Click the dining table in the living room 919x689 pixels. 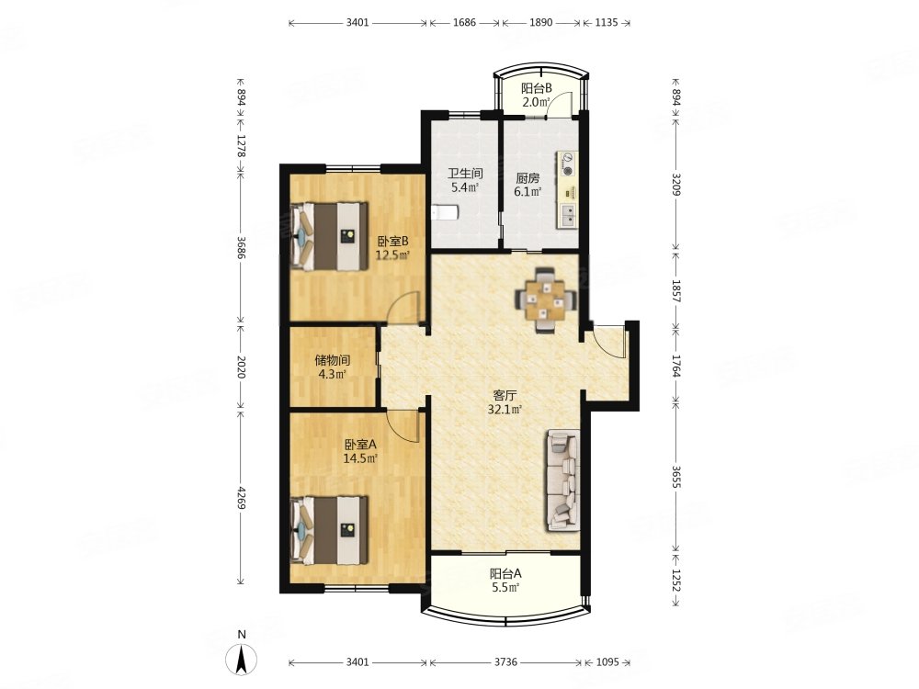point(546,300)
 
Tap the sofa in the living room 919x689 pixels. point(564,481)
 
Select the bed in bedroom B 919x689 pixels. point(329,237)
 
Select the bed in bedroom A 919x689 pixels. point(329,531)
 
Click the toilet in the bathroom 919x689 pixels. point(444,212)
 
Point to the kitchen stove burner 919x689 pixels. point(567,164)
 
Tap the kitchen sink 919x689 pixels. point(568,216)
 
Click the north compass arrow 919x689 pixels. point(242,659)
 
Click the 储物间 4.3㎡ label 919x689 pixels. point(333,367)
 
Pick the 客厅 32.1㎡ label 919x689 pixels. point(505,402)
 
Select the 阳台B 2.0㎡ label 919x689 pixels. point(537,96)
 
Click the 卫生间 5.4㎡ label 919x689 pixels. point(465,180)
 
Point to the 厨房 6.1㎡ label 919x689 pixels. point(528,184)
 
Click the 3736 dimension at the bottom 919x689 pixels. point(505,662)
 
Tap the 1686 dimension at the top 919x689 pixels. point(465,23)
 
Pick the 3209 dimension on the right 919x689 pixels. point(676,186)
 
